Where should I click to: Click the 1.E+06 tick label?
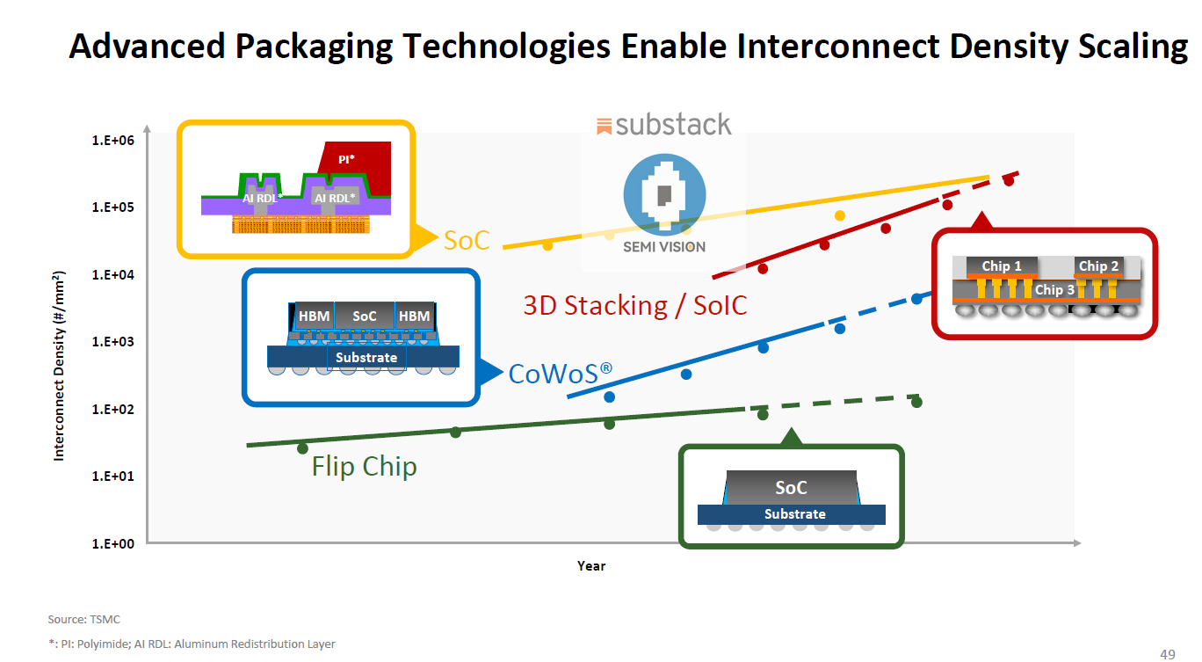tap(112, 141)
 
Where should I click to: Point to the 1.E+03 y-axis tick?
tap(112, 342)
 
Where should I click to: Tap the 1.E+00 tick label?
tap(112, 544)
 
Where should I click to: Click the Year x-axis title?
tap(590, 566)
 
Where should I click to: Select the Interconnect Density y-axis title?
tap(59, 366)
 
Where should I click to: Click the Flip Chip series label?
tap(365, 466)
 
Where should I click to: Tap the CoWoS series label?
tap(561, 373)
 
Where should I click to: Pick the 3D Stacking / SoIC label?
tap(634, 305)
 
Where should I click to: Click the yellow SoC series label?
tap(467, 240)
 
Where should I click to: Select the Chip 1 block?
tap(1002, 266)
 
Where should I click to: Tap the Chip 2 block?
tap(1098, 266)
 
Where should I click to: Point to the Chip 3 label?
tap(1054, 290)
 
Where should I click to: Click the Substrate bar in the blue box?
tap(363, 357)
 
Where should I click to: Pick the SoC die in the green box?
tap(791, 488)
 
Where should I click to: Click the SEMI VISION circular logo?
tap(664, 194)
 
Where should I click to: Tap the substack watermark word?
tap(673, 125)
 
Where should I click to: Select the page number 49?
tap(1167, 654)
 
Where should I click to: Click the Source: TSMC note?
tap(83, 619)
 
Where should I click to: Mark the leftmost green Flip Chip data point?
tap(302, 447)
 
